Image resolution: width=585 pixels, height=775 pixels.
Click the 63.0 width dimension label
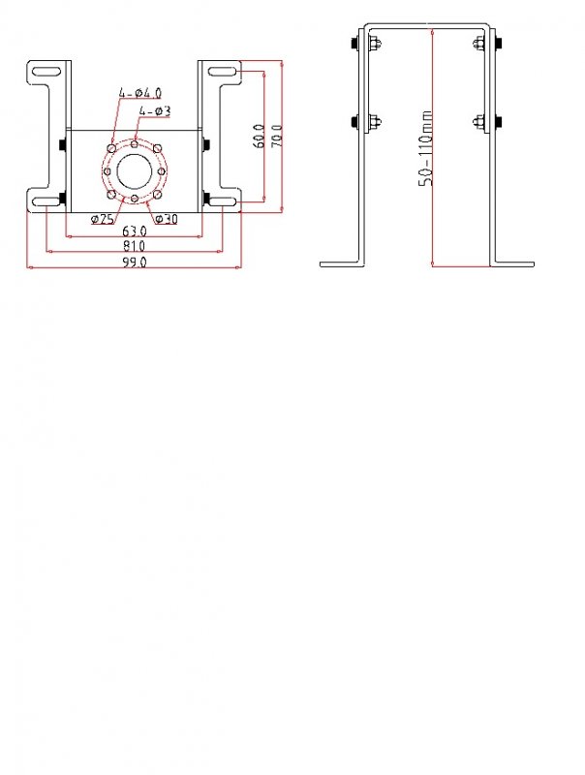tap(134, 231)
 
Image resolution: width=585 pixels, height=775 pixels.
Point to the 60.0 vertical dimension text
tap(259, 134)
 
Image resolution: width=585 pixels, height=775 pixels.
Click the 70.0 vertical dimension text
tap(276, 134)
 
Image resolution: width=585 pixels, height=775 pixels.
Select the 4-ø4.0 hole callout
tap(140, 93)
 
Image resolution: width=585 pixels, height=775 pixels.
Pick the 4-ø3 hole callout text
tap(155, 111)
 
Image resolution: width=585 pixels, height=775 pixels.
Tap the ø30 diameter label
tap(166, 219)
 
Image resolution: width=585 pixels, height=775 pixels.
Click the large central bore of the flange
tap(134, 171)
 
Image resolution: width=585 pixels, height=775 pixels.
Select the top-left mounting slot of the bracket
tap(46, 71)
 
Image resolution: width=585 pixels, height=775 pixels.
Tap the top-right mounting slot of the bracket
tap(221, 71)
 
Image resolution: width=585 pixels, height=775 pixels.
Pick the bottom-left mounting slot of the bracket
tap(46, 201)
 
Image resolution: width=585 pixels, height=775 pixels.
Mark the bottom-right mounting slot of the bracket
tap(221, 201)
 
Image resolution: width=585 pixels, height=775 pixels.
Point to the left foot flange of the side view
tap(341, 263)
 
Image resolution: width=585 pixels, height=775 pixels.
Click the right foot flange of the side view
tap(511, 263)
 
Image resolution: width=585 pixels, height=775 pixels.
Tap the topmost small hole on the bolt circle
tap(134, 143)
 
